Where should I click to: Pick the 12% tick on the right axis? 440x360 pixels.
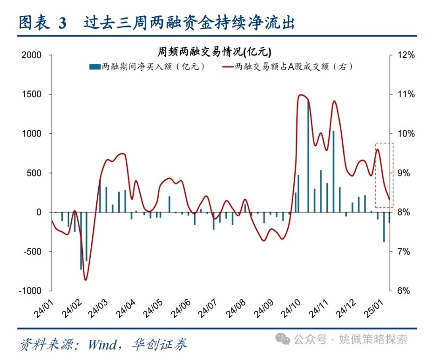406,55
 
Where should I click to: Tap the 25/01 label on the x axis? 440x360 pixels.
375,308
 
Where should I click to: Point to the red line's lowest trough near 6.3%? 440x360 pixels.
85,280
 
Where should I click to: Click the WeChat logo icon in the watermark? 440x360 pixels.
283,339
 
